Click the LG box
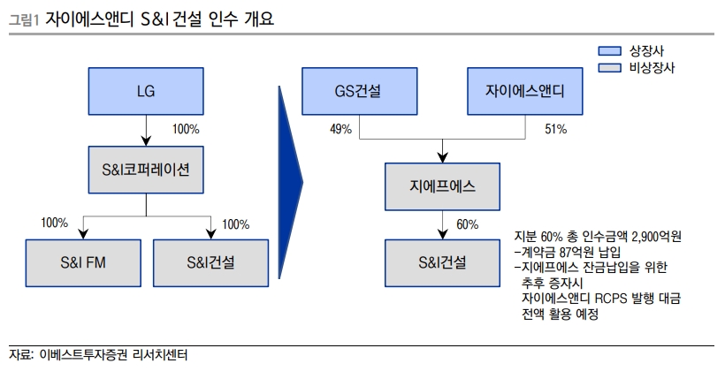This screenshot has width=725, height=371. [146, 91]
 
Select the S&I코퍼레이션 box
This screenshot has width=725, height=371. [146, 170]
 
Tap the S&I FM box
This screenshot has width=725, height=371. [83, 263]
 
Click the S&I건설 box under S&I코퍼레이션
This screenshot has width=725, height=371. [210, 263]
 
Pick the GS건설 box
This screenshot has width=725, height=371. [360, 91]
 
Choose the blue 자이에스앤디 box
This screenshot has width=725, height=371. [525, 91]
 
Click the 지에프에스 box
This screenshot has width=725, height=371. [442, 186]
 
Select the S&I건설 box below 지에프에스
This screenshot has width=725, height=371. [442, 263]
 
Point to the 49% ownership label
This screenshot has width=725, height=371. [340, 129]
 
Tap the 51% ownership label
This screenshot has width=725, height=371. [556, 129]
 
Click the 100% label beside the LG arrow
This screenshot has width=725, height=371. [186, 129]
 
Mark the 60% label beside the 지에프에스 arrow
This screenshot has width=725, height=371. [468, 224]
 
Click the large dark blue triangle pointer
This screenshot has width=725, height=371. [290, 183]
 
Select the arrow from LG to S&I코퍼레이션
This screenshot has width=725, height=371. [146, 130]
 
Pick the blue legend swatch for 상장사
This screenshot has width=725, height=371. [609, 51]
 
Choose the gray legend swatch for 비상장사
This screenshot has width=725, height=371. [609, 67]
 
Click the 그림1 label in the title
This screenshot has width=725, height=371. [24, 19]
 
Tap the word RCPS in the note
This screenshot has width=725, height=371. [611, 298]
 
